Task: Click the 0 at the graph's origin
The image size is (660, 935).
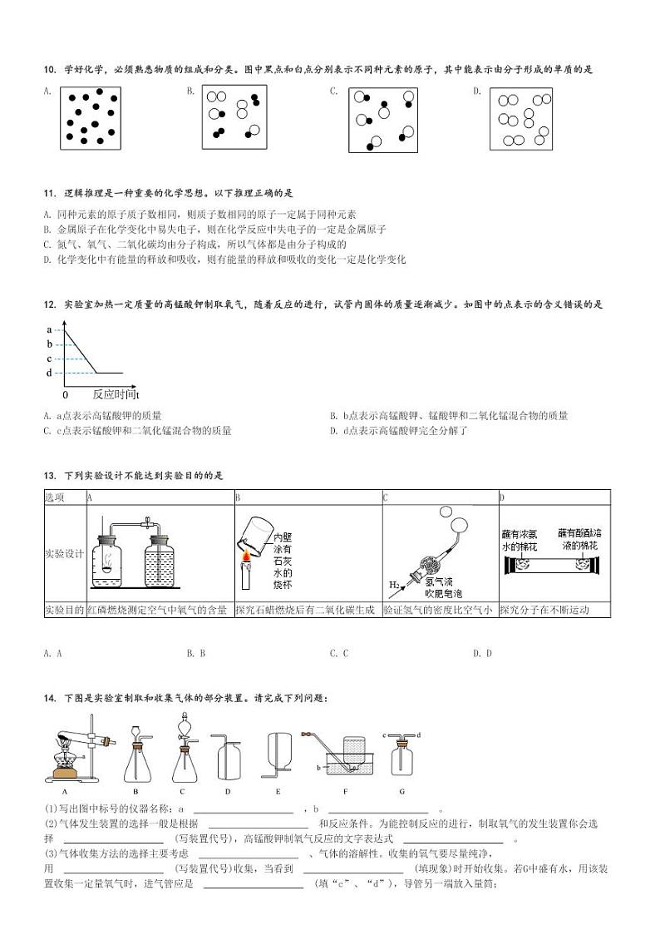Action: (66, 394)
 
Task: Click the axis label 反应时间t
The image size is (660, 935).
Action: (115, 394)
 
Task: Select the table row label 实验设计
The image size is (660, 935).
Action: (64, 552)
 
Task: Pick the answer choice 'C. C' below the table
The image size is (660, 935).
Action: (338, 653)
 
